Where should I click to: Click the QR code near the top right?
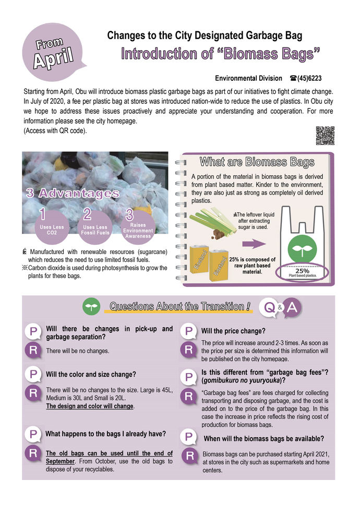[325, 136]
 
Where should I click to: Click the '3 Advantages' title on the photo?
[73, 194]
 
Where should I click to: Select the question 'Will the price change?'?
[233, 331]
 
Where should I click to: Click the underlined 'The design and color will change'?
[90, 406]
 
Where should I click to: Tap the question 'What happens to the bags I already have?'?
[106, 434]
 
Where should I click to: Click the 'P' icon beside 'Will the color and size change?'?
[33, 375]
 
